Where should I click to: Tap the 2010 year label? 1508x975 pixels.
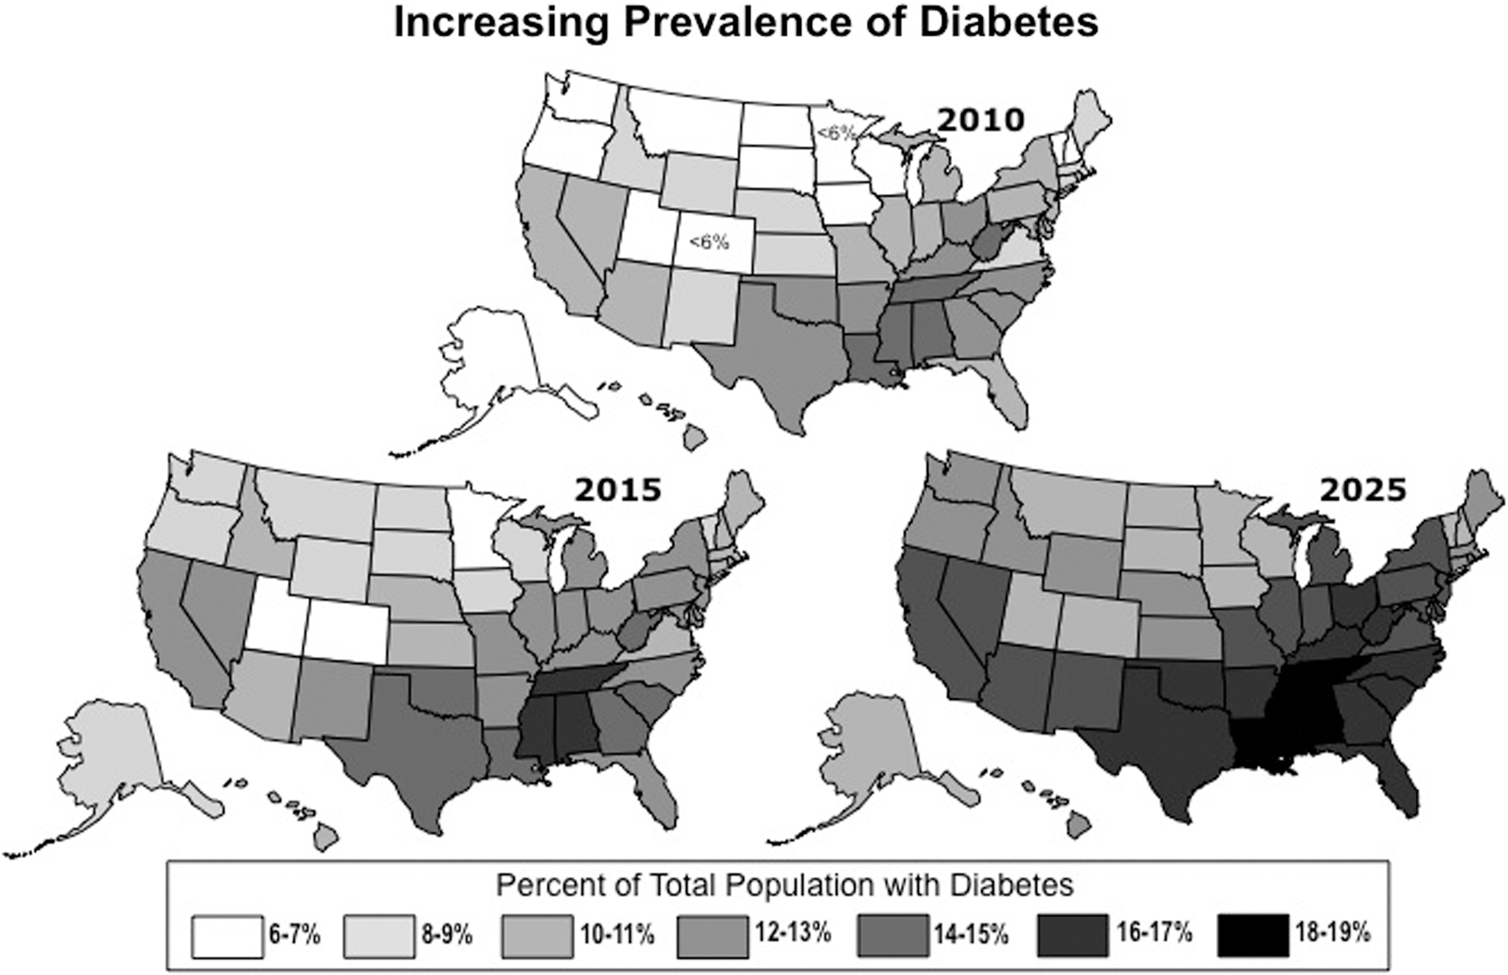(980, 120)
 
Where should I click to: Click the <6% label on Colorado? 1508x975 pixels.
(709, 242)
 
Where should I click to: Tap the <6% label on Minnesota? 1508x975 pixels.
(836, 134)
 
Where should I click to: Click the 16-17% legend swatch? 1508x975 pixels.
(1074, 935)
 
